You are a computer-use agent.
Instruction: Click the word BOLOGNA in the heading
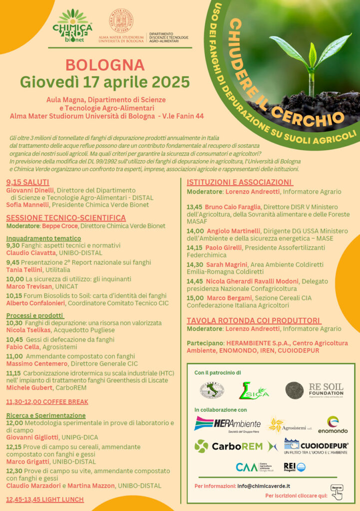point(105,65)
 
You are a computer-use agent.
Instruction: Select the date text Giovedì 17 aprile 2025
point(105,81)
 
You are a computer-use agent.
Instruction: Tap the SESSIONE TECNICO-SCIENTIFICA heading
point(66,218)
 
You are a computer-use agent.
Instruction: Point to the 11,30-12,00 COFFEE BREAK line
point(47,402)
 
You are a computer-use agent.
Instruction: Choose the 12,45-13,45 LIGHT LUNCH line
point(44,499)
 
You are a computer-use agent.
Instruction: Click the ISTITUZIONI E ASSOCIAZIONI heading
point(240,182)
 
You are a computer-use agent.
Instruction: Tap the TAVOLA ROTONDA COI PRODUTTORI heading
point(253,320)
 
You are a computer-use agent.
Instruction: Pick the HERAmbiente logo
point(227,425)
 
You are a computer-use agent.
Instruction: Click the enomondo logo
point(333,425)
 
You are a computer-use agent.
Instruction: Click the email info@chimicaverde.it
point(264,486)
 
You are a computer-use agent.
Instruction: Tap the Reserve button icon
point(337,491)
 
